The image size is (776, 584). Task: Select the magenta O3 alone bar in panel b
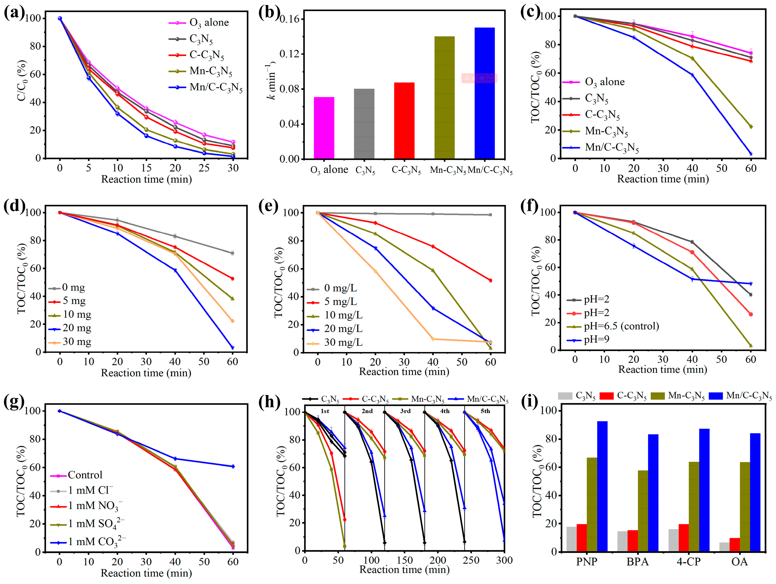point(324,128)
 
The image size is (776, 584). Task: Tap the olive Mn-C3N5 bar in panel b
point(444,97)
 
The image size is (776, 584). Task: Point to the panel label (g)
point(14,402)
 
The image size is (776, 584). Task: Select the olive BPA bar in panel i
point(643,511)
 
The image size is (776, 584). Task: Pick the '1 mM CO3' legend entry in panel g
point(88,542)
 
